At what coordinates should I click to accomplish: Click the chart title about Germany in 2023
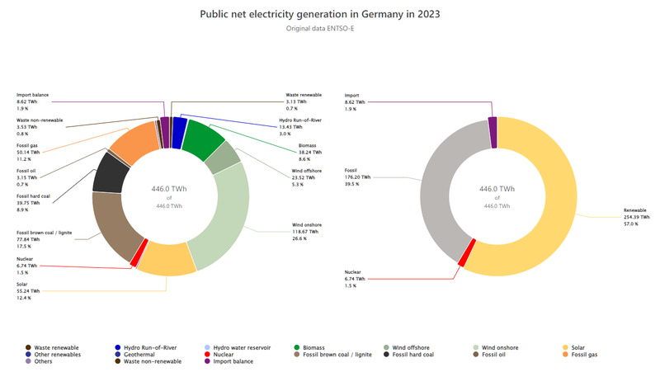coord(330,14)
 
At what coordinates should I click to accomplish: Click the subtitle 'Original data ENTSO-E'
coord(330,29)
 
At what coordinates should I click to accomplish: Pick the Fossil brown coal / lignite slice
coord(111,222)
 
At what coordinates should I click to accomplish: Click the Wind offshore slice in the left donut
coord(222,158)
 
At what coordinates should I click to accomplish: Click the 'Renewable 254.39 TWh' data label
coord(635,216)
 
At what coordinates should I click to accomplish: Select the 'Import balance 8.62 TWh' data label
coord(33,101)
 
